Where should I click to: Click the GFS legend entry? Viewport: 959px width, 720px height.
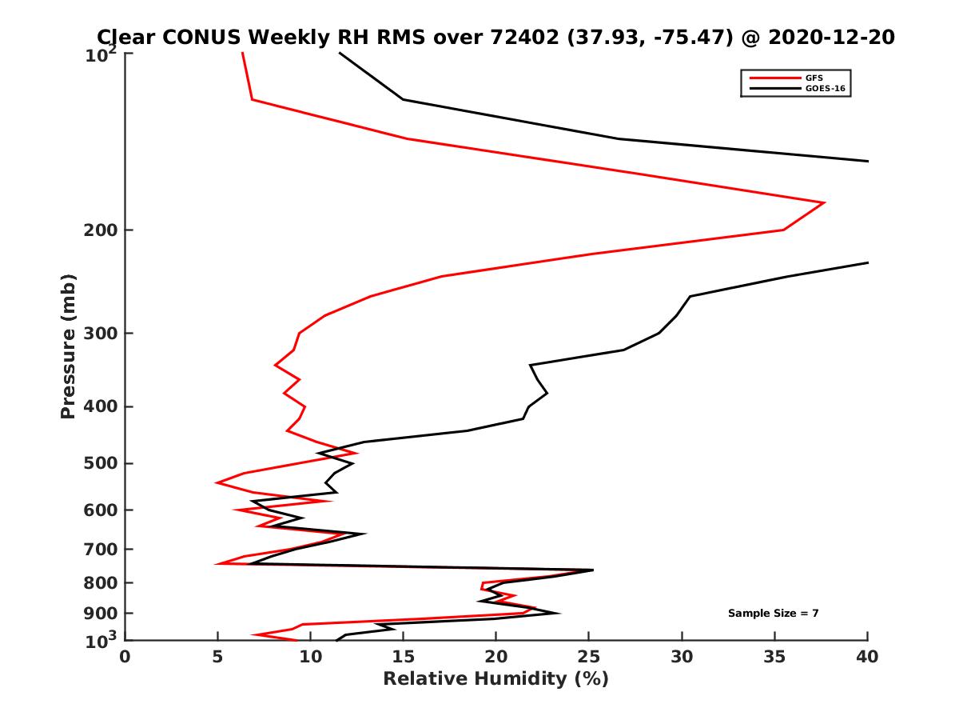pos(813,78)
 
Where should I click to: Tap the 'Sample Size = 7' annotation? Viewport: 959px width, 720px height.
pos(773,614)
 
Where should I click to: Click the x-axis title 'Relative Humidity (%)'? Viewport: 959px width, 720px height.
pos(495,679)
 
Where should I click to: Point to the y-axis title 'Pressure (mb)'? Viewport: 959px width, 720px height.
pos(68,346)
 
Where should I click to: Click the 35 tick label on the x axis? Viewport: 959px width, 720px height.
pos(775,657)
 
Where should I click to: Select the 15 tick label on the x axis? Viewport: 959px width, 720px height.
pos(404,657)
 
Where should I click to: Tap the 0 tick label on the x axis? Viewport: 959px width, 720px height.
pos(125,657)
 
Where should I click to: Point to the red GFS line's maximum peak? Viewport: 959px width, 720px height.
pos(824,203)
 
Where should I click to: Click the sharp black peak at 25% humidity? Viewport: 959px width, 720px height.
pos(592,570)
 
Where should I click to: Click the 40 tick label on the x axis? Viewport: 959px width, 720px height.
pos(868,657)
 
